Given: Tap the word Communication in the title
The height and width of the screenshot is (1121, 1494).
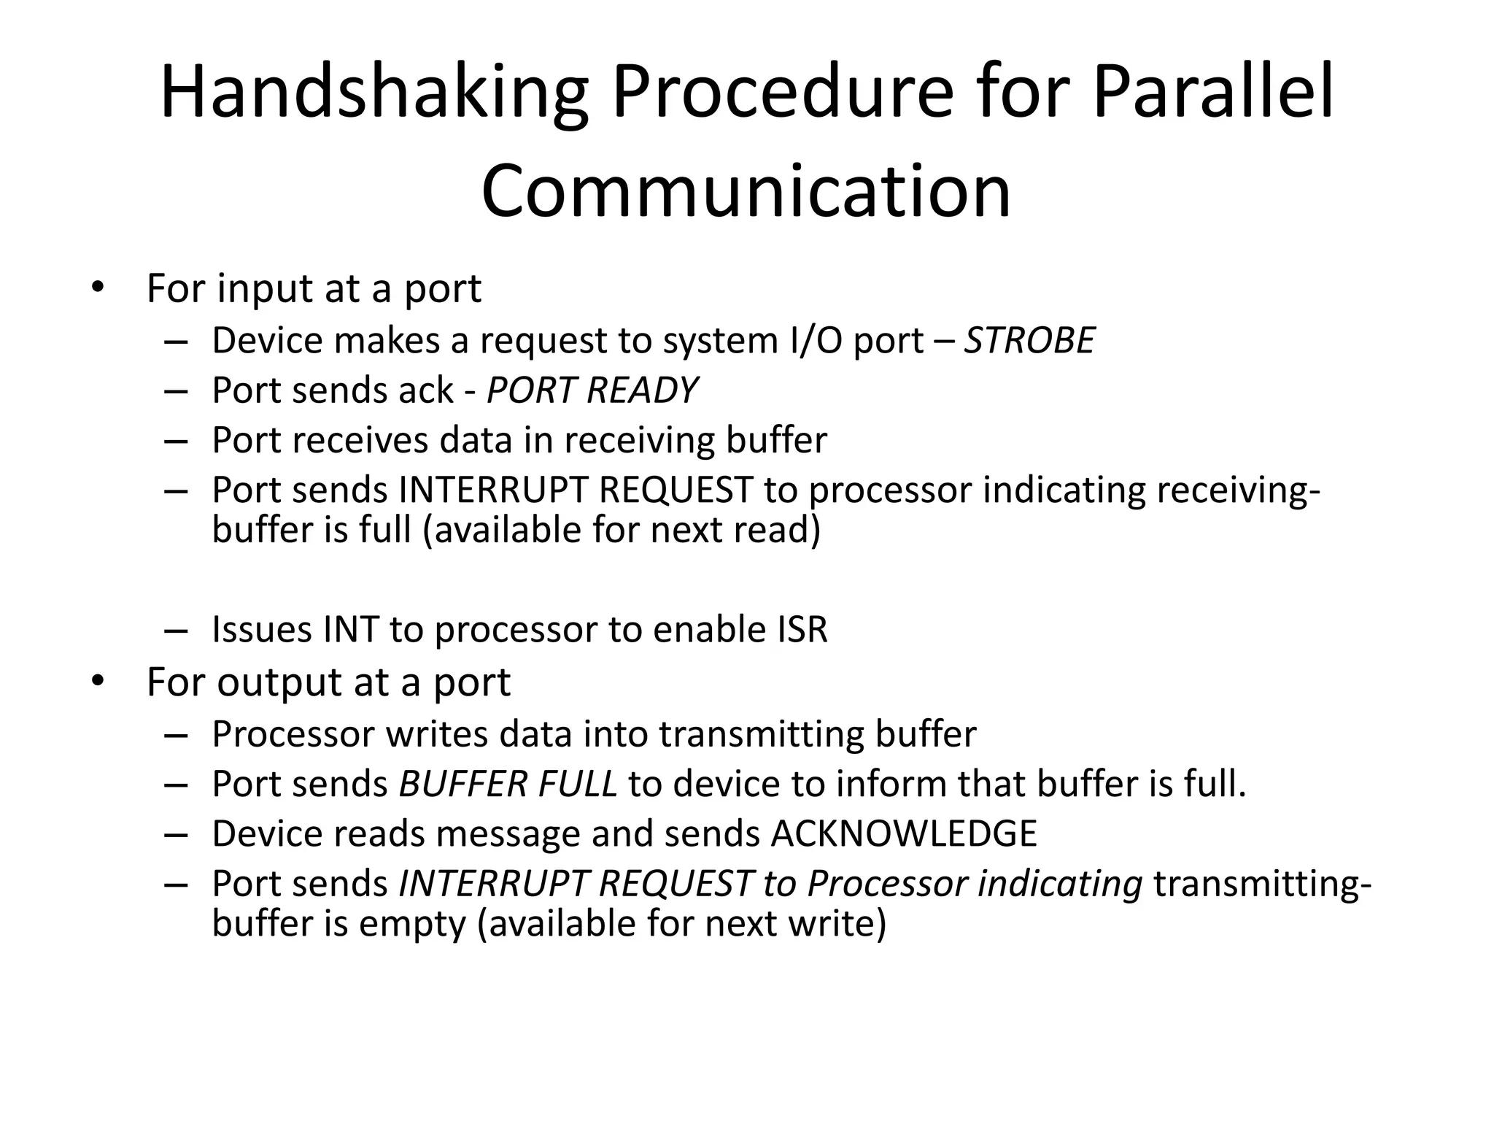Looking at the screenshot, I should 746,191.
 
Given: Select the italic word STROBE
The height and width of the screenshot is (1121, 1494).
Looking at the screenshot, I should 1029,341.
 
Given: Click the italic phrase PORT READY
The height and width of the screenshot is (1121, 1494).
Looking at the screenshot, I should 592,390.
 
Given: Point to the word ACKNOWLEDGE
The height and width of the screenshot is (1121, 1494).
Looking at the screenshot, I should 903,833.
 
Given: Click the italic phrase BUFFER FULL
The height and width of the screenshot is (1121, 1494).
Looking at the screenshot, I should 508,784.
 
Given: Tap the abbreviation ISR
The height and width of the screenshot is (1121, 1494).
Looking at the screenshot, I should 802,629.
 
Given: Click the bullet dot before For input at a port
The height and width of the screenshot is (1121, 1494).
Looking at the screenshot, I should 98,288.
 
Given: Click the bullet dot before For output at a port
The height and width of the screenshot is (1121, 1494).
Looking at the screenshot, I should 98,682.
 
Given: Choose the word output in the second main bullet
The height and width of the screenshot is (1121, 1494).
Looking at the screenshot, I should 280,682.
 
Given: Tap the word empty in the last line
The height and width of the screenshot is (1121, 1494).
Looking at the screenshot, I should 412,924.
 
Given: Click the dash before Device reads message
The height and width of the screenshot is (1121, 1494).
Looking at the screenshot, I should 176,834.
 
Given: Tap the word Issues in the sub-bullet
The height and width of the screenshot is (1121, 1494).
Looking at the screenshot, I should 261,629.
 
